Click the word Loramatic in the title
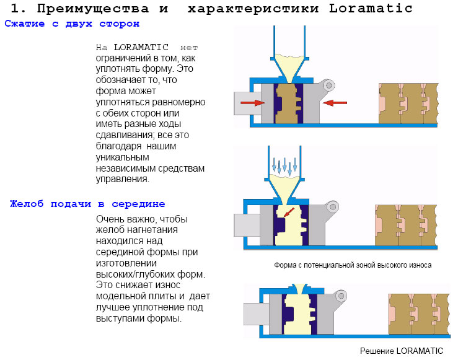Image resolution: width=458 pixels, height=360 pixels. [371, 9]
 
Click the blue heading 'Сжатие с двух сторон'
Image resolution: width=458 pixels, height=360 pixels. [72, 24]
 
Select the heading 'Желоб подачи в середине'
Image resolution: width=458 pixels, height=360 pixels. [87, 204]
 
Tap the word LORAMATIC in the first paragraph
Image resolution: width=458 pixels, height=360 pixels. [141, 47]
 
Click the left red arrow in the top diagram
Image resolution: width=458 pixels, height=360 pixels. [252, 103]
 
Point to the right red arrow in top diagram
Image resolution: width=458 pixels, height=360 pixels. [335, 103]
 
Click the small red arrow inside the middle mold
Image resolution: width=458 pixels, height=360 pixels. [289, 213]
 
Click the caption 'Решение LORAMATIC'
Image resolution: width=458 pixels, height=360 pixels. [402, 351]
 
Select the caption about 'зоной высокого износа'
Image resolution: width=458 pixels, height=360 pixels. [353, 265]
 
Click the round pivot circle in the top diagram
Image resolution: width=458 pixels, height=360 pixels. [329, 86]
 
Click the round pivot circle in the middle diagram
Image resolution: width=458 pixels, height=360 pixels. [333, 207]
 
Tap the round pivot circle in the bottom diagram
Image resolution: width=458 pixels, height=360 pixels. [341, 296]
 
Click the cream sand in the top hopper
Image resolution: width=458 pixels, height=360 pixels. [289, 67]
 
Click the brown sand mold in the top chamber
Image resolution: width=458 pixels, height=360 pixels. [288, 103]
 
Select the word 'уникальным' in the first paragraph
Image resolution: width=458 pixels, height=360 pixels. [122, 157]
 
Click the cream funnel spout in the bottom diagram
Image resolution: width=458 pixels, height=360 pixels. [300, 289]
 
